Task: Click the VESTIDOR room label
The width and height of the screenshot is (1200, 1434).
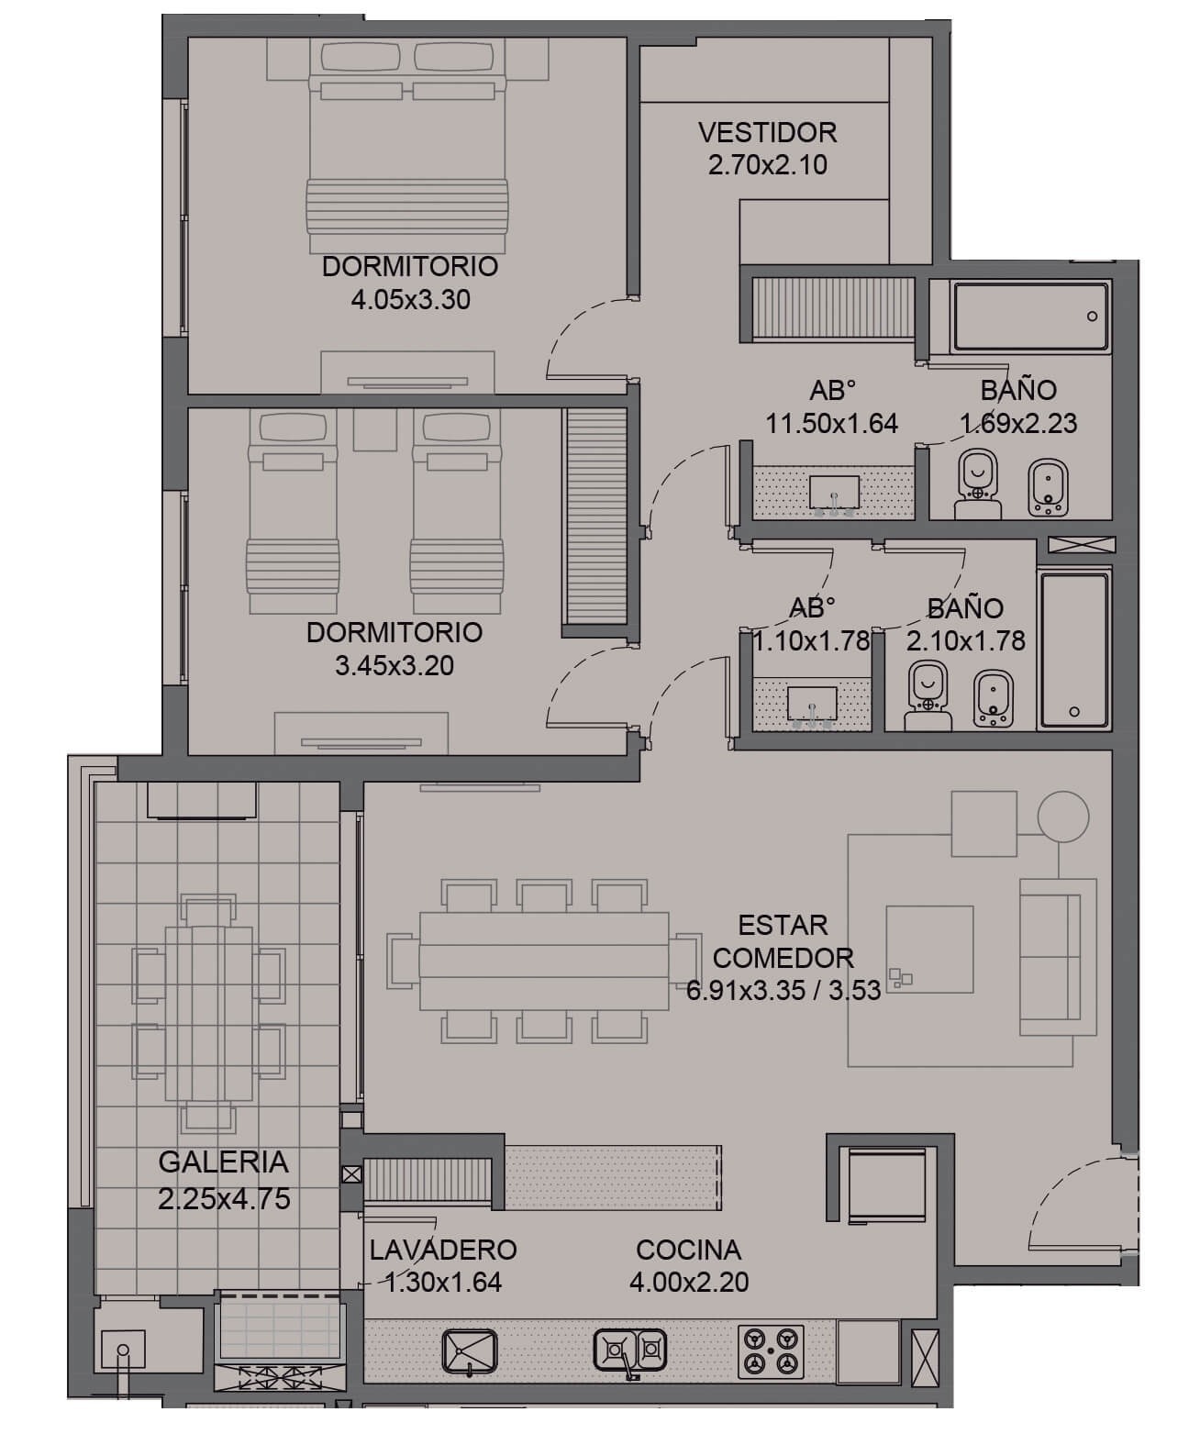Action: pyautogui.click(x=767, y=132)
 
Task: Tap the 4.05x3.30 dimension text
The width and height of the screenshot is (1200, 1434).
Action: pyautogui.click(x=410, y=300)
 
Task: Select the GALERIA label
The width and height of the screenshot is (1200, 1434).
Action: pyautogui.click(x=223, y=1162)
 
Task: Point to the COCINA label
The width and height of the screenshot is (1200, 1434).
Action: pyautogui.click(x=688, y=1250)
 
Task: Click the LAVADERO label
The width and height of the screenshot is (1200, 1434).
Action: pyautogui.click(x=443, y=1250)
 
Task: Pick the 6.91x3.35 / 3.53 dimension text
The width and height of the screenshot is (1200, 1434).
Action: pyautogui.click(x=783, y=990)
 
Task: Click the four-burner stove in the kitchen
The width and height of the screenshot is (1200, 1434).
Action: pyautogui.click(x=771, y=1351)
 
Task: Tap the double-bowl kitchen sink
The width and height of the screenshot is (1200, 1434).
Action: pyautogui.click(x=629, y=1350)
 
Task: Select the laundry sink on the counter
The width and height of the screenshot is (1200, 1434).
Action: pyautogui.click(x=469, y=1351)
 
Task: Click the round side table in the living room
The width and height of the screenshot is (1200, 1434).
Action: pyautogui.click(x=1062, y=817)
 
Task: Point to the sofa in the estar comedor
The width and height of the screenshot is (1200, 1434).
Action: pyautogui.click(x=1057, y=956)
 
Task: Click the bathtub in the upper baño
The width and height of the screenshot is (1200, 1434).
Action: pyautogui.click(x=1030, y=317)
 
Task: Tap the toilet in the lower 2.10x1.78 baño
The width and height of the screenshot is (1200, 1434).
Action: pyautogui.click(x=928, y=695)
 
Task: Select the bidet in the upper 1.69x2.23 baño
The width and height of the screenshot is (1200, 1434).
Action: pyautogui.click(x=1049, y=486)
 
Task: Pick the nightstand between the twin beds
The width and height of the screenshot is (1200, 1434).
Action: pyautogui.click(x=375, y=430)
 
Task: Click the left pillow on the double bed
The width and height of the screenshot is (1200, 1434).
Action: pyautogui.click(x=360, y=56)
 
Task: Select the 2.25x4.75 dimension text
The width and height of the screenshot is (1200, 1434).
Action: pyautogui.click(x=224, y=1199)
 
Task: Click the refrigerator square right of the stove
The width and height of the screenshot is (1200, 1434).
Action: pyautogui.click(x=868, y=1351)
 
